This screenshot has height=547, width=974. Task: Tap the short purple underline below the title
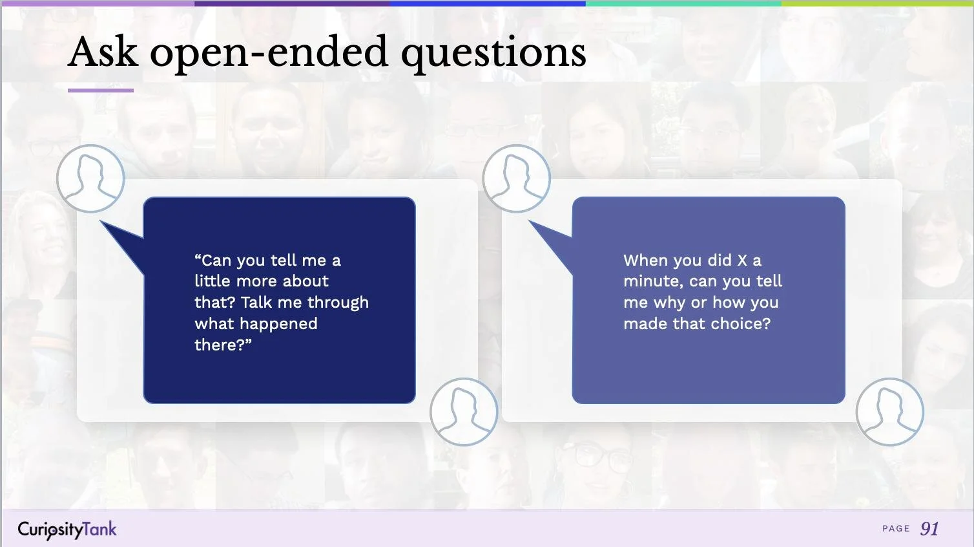tap(101, 91)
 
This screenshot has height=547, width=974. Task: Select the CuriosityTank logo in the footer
tap(67, 530)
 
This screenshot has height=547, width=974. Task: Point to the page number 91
tap(929, 529)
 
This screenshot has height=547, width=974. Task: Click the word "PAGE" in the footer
tap(896, 529)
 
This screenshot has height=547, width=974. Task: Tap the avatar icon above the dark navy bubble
tap(90, 178)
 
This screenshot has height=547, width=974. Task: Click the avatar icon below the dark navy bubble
tap(464, 412)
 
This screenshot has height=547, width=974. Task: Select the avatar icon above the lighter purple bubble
tap(517, 178)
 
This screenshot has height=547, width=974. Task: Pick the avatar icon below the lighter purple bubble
tap(889, 412)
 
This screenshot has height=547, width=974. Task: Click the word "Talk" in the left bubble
tap(256, 303)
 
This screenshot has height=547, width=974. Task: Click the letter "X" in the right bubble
tap(742, 261)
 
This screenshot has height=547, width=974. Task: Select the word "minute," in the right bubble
tap(653, 282)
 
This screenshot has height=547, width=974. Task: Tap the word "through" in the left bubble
tap(338, 303)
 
